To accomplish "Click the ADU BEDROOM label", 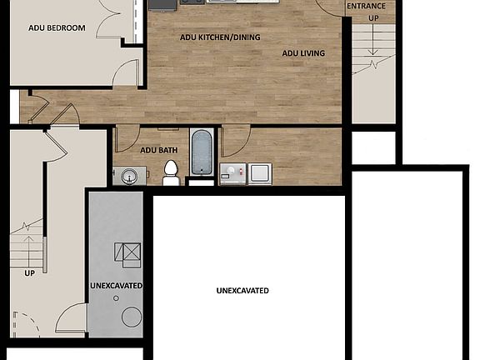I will [x=57, y=27].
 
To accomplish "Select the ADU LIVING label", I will [x=303, y=53].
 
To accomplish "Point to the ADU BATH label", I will [x=158, y=150].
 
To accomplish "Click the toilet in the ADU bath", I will [x=171, y=172].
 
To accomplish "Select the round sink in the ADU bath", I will [x=128, y=175].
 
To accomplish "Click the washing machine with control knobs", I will [x=234, y=173].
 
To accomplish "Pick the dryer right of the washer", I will [x=260, y=172].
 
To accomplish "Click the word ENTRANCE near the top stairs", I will [x=366, y=7].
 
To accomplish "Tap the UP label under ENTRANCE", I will [x=372, y=17].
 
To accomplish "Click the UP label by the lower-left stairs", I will [x=29, y=272].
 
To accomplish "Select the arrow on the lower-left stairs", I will [x=30, y=249].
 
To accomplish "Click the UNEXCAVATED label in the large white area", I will [x=242, y=291].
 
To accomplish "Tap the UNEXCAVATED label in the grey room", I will [x=116, y=286].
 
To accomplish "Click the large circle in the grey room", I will [x=132, y=316].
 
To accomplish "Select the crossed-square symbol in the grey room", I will [x=128, y=253].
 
